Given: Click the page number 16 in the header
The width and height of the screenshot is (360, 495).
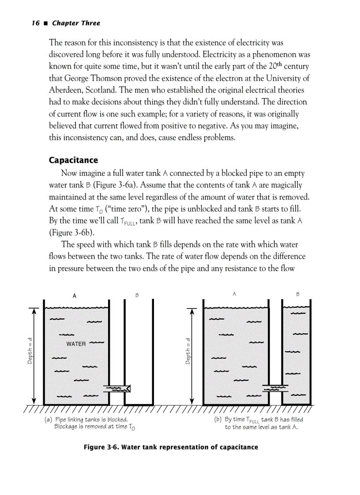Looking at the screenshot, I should tap(36, 23).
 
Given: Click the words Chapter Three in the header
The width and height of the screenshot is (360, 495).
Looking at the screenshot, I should tap(76, 23).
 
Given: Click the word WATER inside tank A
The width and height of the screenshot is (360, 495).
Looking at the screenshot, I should tap(76, 344).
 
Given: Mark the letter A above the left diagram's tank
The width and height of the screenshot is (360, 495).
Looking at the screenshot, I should tap(75, 296).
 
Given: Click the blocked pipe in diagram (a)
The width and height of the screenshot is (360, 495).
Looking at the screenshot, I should tap(116, 388).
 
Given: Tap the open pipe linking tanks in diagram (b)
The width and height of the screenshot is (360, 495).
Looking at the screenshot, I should tap(275, 388).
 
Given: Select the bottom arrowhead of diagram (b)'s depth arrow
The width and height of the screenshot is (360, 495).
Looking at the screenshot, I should tap(192, 401).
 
